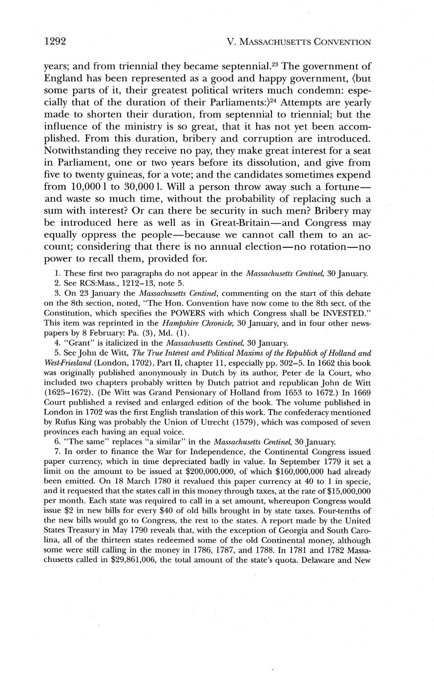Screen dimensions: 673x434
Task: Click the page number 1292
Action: click(55, 41)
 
